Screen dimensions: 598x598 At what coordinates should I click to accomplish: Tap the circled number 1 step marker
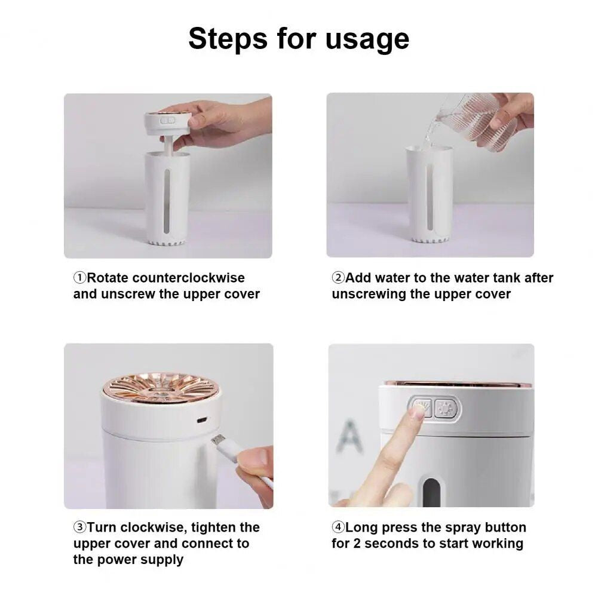pyautogui.click(x=80, y=278)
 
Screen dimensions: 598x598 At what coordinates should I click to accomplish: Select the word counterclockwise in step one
pyautogui.click(x=188, y=278)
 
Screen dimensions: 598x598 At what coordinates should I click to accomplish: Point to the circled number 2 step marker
pyautogui.click(x=338, y=278)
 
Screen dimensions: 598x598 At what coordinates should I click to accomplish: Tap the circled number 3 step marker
pyautogui.click(x=80, y=528)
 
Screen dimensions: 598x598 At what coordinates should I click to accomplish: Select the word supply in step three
pyautogui.click(x=162, y=560)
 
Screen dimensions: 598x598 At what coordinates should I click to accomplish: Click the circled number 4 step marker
pyautogui.click(x=338, y=528)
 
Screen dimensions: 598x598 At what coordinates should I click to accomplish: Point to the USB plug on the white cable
pyautogui.click(x=219, y=441)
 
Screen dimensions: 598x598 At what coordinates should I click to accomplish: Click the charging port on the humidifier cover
pyautogui.click(x=202, y=420)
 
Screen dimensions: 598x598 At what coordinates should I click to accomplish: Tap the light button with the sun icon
pyautogui.click(x=446, y=409)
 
